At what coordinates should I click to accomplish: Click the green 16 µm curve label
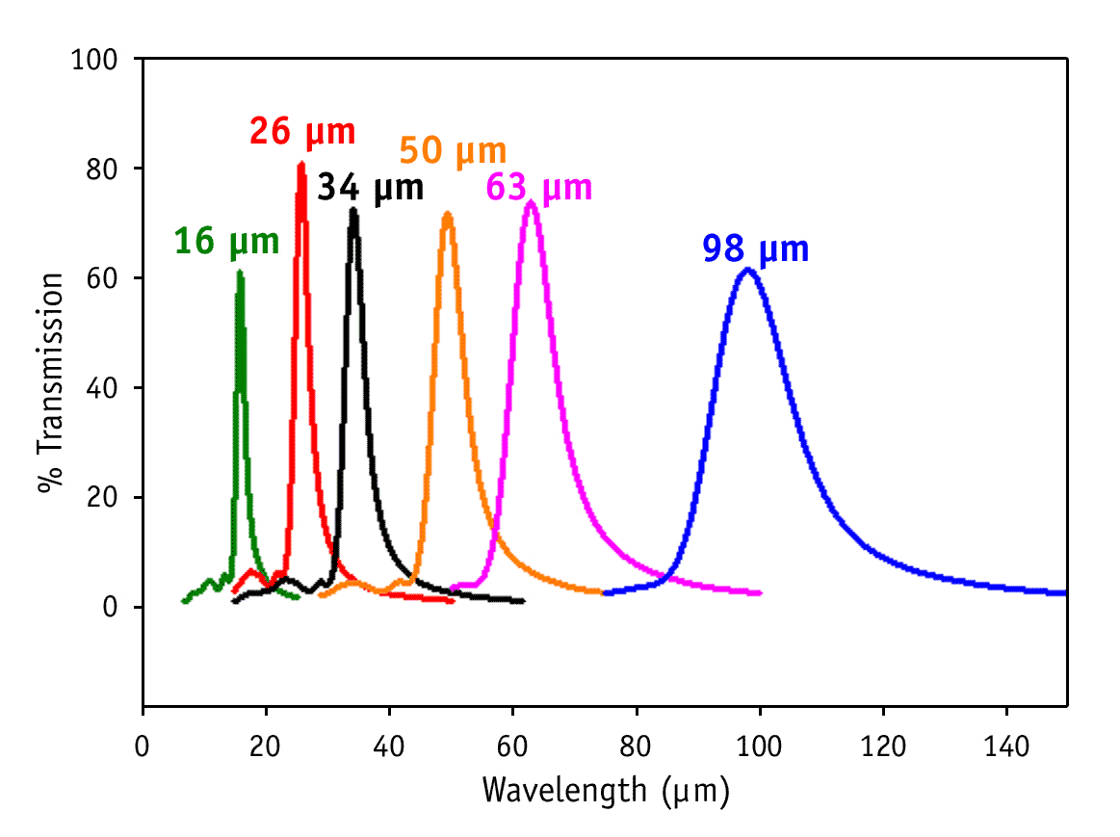pos(226,242)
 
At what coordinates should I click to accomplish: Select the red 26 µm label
pos(302,131)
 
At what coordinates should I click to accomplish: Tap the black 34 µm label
pos(371,187)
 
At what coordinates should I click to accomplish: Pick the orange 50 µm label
pos(453,151)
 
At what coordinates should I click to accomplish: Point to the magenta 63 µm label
pos(539,187)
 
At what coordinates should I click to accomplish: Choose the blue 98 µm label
pos(756,249)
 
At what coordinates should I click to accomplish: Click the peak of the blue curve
pos(747,270)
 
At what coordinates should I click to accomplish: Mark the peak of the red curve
pos(301,165)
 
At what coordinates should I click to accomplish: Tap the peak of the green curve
pos(240,273)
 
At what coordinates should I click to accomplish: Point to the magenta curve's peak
pos(531,201)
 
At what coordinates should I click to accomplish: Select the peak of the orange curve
pos(447,214)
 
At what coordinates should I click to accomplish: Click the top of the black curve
pos(353,209)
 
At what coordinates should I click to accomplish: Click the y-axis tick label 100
pos(94,60)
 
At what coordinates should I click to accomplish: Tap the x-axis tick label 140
pos(1006,746)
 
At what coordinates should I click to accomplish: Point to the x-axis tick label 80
pos(636,746)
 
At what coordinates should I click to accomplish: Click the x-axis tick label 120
pos(883,746)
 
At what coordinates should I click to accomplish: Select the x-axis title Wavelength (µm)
pos(606,791)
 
